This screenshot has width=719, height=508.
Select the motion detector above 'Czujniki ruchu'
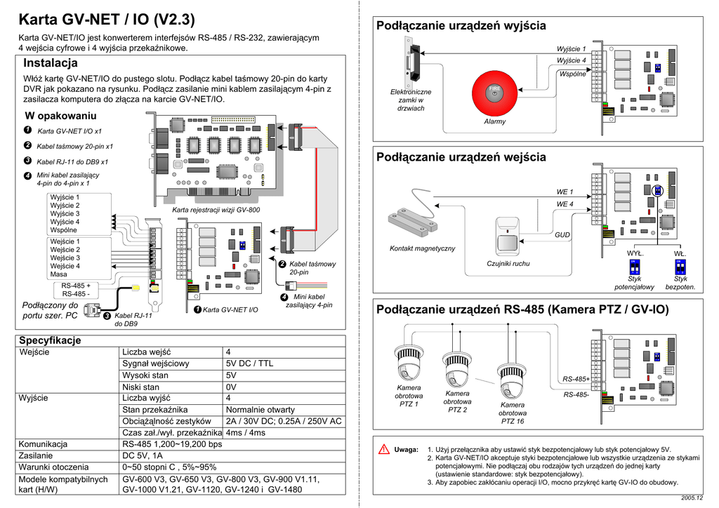[x=507, y=236]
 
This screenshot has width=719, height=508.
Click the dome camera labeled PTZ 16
[x=512, y=381]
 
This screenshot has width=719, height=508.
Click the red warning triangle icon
[x=384, y=449]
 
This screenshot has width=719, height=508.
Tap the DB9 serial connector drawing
[x=92, y=310]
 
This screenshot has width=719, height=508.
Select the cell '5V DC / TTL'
[x=249, y=363]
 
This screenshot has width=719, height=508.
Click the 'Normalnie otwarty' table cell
[x=260, y=410]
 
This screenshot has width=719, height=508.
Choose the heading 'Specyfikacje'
[x=50, y=340]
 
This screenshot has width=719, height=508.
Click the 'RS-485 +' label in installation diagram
[x=76, y=286]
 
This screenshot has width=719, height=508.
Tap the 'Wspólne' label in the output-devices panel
[x=572, y=74]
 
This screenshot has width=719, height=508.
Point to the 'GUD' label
[x=562, y=235]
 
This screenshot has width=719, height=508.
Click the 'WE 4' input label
[x=565, y=204]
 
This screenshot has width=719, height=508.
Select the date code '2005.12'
[x=692, y=498]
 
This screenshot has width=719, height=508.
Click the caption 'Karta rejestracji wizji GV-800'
[x=216, y=210]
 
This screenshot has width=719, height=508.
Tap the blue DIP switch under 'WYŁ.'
[x=635, y=266]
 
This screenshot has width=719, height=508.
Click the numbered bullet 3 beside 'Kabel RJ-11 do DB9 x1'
[x=27, y=161]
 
